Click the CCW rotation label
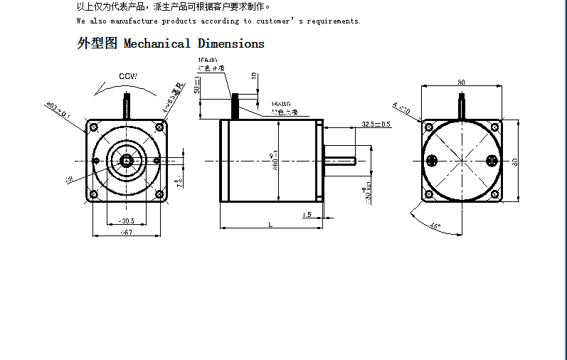click(x=128, y=76)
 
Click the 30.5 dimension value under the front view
click(x=127, y=221)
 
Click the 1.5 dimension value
click(x=307, y=214)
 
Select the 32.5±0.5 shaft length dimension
click(x=376, y=124)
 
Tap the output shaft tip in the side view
click(x=354, y=161)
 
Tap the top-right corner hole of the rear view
click(x=495, y=127)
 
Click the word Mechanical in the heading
click(x=157, y=44)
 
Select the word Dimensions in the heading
click(x=231, y=44)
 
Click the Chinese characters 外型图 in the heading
click(x=97, y=43)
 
